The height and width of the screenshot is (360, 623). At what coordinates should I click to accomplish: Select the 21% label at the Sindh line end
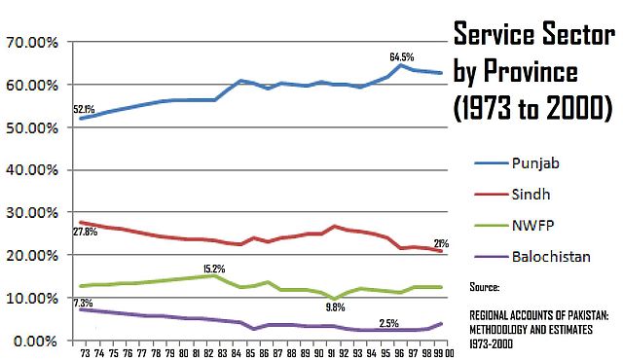pyautogui.click(x=441, y=243)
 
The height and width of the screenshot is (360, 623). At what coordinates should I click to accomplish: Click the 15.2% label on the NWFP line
pyautogui.click(x=215, y=268)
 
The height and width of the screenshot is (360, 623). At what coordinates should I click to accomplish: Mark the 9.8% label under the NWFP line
pyautogui.click(x=334, y=307)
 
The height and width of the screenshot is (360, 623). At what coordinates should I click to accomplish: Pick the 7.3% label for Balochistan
pyautogui.click(x=84, y=304)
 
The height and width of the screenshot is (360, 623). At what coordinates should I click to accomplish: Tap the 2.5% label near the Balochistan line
pyautogui.click(x=388, y=322)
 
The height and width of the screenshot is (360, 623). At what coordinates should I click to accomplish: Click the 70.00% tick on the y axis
pyautogui.click(x=33, y=43)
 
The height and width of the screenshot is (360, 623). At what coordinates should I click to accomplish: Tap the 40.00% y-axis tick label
pyautogui.click(x=33, y=169)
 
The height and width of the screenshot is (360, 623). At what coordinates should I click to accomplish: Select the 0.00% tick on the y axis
pyautogui.click(x=37, y=340)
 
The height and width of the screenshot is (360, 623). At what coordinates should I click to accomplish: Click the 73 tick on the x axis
pyautogui.click(x=86, y=352)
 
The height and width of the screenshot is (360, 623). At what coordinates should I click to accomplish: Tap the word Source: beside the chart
pyautogui.click(x=483, y=288)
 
